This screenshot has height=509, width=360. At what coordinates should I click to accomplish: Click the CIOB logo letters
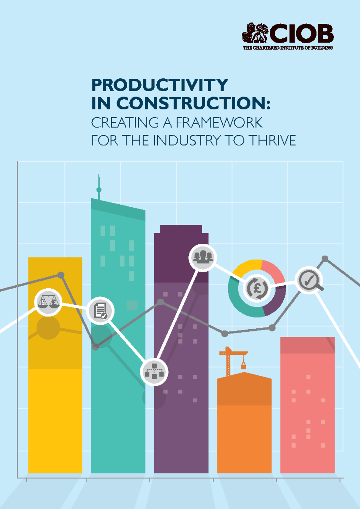pos(301,33)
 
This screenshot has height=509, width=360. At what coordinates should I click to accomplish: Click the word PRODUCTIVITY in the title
pos(160,85)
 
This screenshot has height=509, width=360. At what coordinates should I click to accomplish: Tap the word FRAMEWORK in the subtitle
pos(219,122)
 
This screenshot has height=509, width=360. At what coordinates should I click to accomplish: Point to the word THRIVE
pos(272,140)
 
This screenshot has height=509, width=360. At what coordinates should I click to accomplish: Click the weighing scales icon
pos(48,302)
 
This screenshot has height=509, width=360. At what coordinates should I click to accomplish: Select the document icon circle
pos(100,311)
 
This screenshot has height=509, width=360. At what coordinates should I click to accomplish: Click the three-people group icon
pos(202,258)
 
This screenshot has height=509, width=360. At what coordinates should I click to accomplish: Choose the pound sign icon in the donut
pos(257,288)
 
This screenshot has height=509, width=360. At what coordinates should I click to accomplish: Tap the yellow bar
pos(55,420)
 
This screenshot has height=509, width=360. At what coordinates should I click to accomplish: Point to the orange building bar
pos(244,435)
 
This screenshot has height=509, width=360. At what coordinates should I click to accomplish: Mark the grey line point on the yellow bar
pos(61,275)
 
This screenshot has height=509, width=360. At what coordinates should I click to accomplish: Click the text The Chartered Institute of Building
pos(288,48)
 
